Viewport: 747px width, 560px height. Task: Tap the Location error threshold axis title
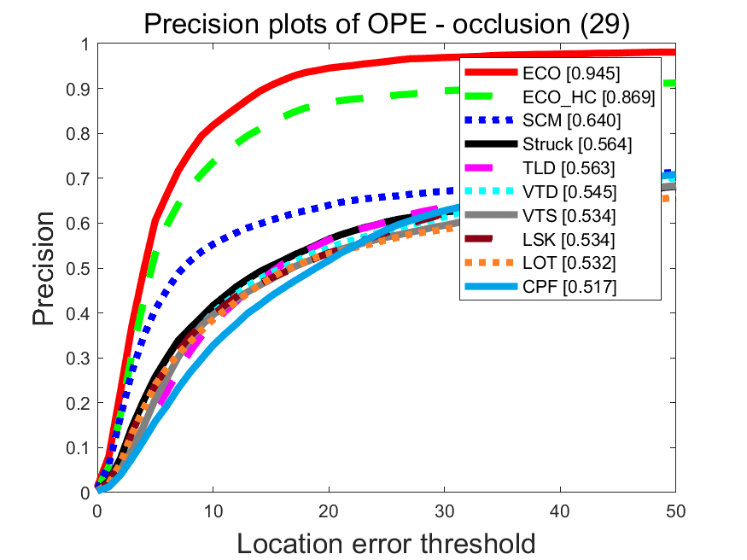coord(386,543)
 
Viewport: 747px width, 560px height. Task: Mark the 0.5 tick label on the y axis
coord(79,268)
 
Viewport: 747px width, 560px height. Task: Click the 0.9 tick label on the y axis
coord(79,89)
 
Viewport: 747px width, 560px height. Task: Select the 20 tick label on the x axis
coord(329,510)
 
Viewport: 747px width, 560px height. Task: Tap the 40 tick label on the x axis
coord(560,510)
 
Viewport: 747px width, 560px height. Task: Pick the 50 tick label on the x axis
coord(675,510)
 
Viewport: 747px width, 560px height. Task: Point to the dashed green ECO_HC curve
coord(256,132)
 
